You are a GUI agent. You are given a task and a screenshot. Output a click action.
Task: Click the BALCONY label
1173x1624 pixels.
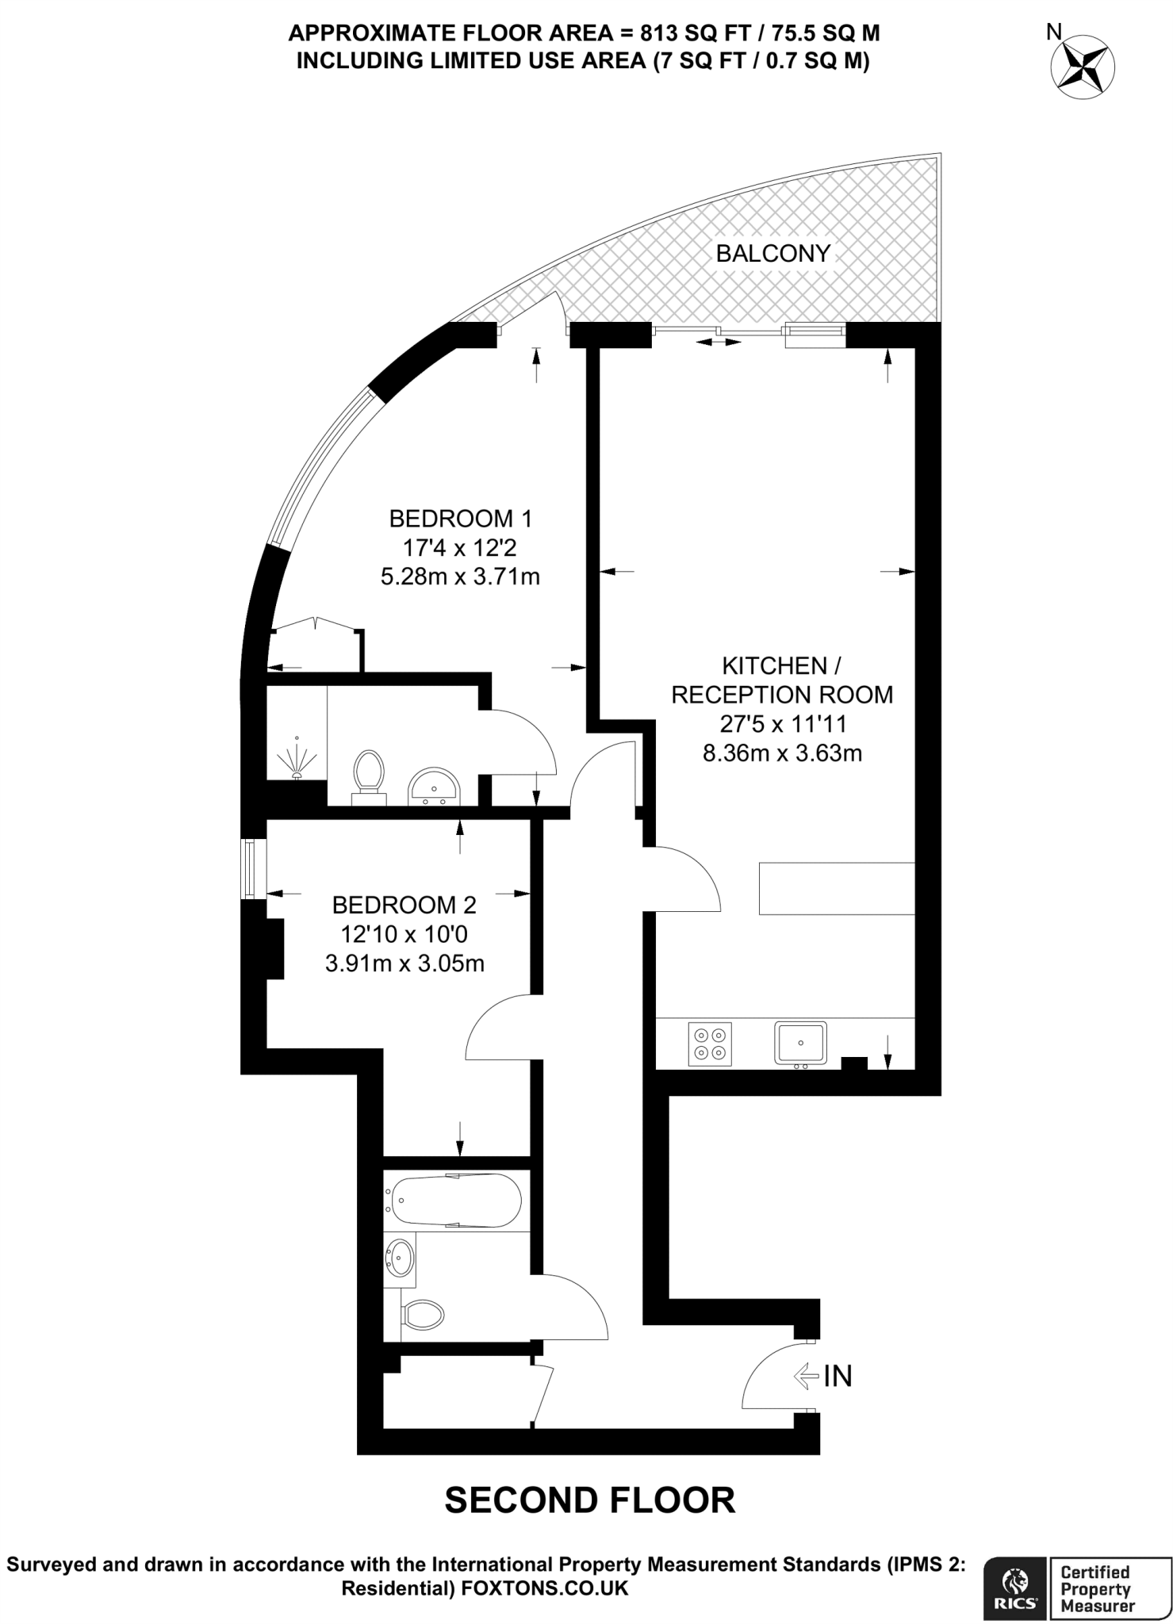click(772, 254)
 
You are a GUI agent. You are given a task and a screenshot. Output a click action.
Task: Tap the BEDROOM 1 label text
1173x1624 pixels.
click(460, 519)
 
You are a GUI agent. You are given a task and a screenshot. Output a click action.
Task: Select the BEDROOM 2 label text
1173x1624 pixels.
click(404, 905)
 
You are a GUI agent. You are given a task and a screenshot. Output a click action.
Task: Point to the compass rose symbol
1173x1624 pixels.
click(1083, 67)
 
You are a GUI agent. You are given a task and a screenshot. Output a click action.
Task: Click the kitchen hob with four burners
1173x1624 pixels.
click(710, 1044)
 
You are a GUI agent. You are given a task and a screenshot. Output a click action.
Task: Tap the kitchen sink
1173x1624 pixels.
click(801, 1043)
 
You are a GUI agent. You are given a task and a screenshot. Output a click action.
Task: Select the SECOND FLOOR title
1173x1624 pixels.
click(589, 1500)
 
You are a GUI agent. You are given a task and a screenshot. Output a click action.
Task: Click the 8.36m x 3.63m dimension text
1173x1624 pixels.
click(782, 753)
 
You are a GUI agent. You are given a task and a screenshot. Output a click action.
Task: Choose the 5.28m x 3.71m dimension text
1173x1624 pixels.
click(460, 576)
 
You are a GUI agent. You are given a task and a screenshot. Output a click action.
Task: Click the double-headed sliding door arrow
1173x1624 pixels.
click(719, 343)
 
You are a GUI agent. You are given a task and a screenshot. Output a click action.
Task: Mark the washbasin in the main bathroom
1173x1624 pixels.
click(400, 1258)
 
